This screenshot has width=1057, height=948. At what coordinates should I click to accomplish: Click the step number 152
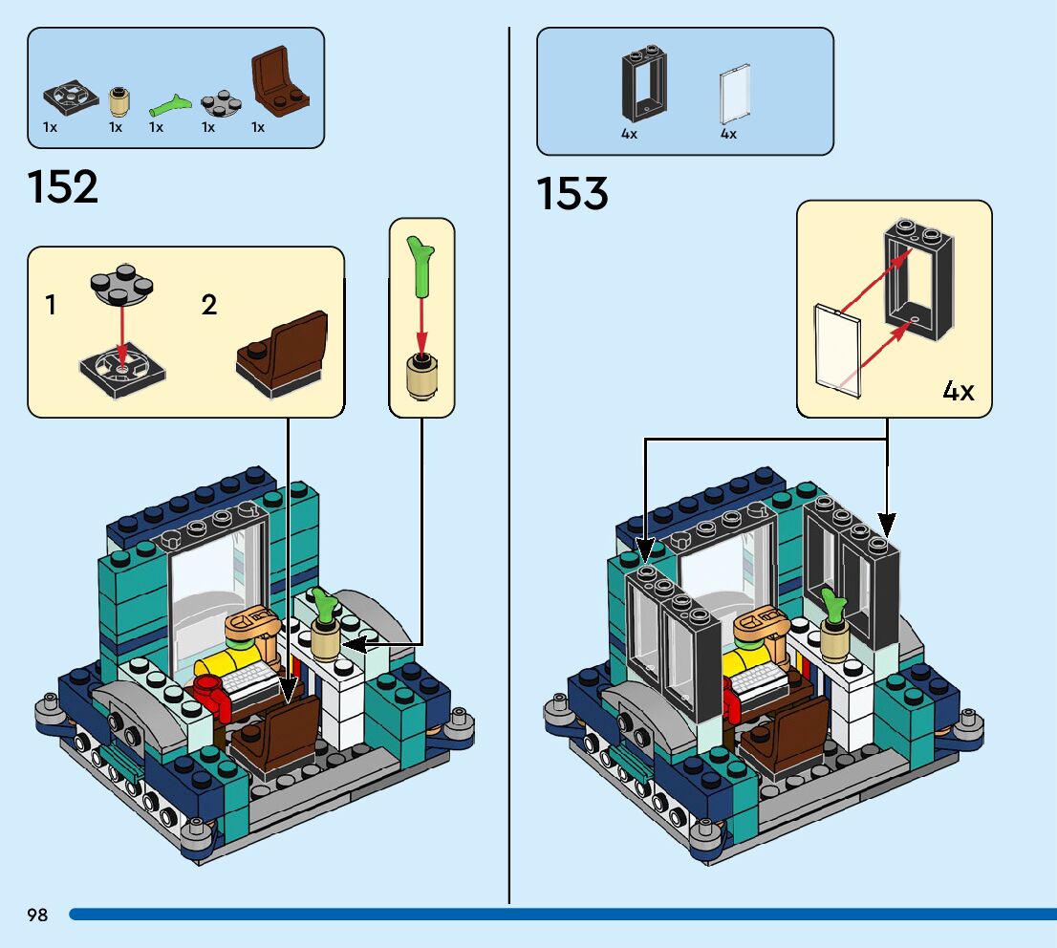(63, 186)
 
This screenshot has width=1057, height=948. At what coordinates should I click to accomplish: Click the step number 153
(572, 194)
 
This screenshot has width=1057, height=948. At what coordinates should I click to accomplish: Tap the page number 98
(37, 916)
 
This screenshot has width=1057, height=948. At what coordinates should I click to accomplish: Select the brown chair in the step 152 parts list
(280, 84)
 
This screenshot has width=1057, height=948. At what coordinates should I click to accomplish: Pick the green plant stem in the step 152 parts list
(171, 102)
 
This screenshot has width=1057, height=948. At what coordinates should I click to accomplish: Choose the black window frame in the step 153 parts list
(644, 85)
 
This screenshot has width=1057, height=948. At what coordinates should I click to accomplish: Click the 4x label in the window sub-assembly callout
(958, 391)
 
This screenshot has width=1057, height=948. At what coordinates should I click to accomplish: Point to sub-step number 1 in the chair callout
(51, 306)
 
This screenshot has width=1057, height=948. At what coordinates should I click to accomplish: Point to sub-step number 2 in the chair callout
(209, 306)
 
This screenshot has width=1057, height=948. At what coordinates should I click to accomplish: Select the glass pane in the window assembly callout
(839, 350)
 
